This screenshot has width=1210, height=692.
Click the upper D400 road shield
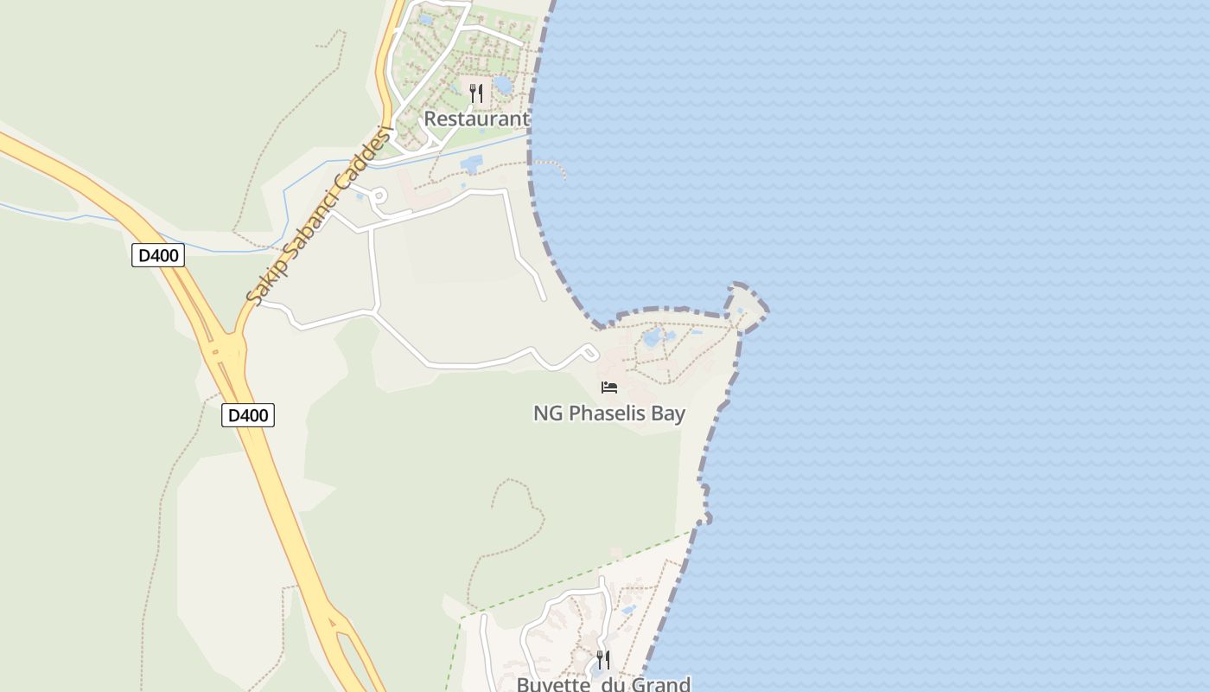coord(157,255)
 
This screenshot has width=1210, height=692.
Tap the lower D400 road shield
coord(248,415)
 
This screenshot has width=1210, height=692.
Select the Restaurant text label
coord(476,119)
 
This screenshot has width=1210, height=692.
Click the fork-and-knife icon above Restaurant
coord(476,93)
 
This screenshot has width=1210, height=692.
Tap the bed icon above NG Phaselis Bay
coord(609,388)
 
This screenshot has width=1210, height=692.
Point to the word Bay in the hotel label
coord(668,413)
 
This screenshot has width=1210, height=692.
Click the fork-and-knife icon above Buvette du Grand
coord(603,659)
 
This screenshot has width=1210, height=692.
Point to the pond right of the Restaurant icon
coord(502,85)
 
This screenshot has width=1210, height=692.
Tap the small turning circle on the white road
coord(379,196)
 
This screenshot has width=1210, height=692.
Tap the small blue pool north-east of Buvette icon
coord(628,610)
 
